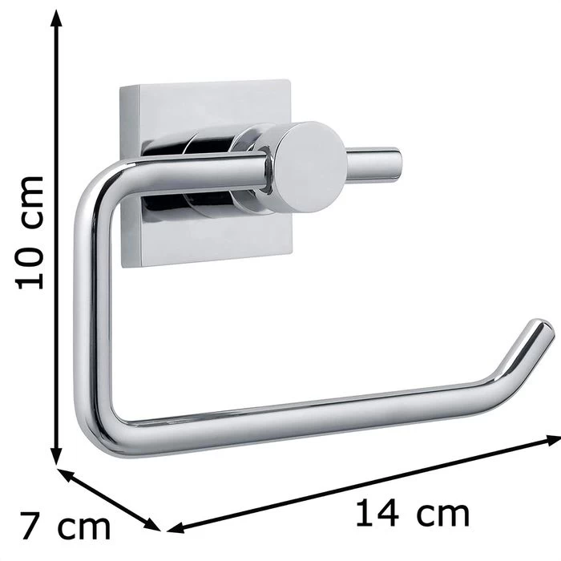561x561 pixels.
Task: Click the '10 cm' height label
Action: [30, 232]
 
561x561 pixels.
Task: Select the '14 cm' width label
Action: [413, 514]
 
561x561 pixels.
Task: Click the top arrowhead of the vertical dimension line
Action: [56, 18]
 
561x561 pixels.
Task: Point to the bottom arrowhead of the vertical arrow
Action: [56, 456]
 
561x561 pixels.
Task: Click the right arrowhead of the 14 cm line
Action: [553, 440]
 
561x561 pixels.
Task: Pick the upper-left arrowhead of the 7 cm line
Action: [67, 474]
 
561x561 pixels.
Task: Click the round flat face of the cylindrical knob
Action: [309, 167]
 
